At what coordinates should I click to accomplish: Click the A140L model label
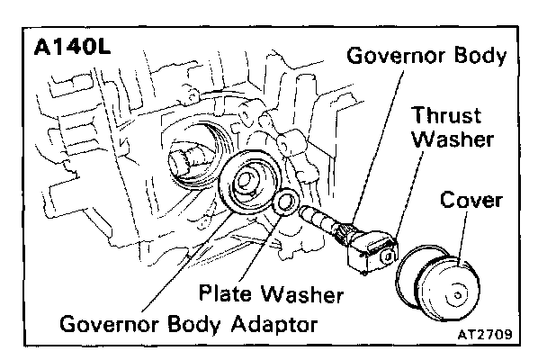click(71, 46)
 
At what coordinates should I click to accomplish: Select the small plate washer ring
click(287, 203)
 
